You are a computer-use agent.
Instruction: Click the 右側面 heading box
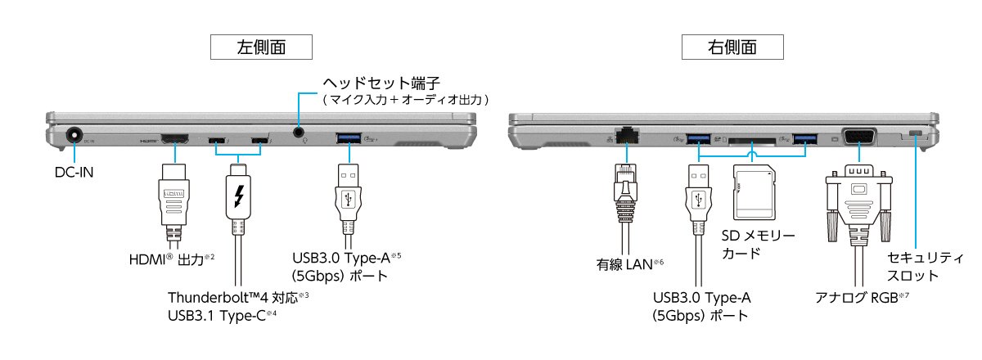click(732, 47)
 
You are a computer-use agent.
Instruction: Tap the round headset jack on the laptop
click(300, 131)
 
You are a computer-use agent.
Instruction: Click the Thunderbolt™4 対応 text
click(237, 296)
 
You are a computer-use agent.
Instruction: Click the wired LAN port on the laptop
click(628, 133)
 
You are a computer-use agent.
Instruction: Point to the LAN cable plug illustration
click(628, 188)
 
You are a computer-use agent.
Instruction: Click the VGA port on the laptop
click(858, 137)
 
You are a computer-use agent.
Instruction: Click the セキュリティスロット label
click(926, 266)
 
